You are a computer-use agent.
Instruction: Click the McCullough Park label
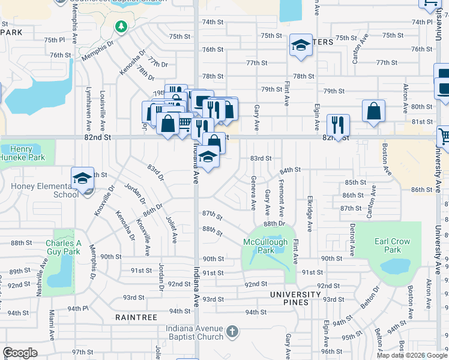(x=266, y=245)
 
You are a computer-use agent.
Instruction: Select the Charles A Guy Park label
(x=63, y=247)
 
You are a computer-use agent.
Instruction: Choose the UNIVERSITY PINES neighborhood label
(x=295, y=295)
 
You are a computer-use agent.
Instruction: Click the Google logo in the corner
(x=20, y=353)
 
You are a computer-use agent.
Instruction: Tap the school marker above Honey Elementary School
(x=82, y=178)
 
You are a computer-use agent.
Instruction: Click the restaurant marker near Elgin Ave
(x=338, y=125)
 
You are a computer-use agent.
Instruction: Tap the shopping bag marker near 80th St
(x=373, y=111)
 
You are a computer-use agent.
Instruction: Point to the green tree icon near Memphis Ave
(x=121, y=26)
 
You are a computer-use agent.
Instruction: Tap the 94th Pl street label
(x=77, y=308)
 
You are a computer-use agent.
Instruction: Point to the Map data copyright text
(x=412, y=355)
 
